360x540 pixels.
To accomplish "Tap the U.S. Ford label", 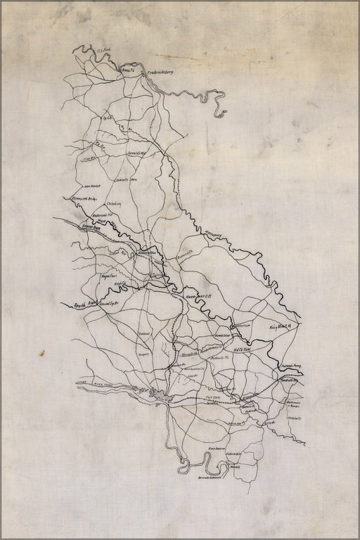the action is click(x=105, y=50).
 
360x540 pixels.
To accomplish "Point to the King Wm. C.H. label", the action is click(x=281, y=326).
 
